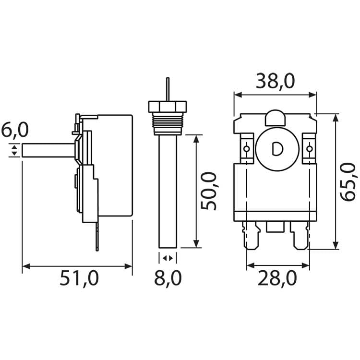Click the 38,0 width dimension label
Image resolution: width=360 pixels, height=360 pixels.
pyautogui.click(x=275, y=81)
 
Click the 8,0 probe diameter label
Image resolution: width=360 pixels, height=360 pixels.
pyautogui.click(x=168, y=278)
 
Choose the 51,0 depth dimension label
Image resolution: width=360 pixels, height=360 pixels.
pyautogui.click(x=79, y=278)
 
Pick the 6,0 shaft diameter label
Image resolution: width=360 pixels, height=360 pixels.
pyautogui.click(x=14, y=130)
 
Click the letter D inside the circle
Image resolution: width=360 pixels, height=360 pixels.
pyautogui.click(x=277, y=150)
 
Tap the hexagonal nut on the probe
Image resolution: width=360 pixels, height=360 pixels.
pyautogui.click(x=167, y=106)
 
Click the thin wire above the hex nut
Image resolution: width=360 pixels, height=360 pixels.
pyautogui.click(x=167, y=89)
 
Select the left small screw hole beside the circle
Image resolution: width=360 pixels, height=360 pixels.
pyautogui.click(x=247, y=149)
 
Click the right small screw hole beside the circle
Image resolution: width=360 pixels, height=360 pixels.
pyautogui.click(x=309, y=149)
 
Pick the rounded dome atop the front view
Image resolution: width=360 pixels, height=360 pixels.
pyautogui.click(x=276, y=117)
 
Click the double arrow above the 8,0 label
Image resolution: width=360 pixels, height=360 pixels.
pyautogui.click(x=168, y=258)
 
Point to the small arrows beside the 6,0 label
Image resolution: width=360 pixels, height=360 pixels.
pyautogui.click(x=14, y=150)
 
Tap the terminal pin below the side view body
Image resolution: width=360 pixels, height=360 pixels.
pyautogui.click(x=97, y=238)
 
